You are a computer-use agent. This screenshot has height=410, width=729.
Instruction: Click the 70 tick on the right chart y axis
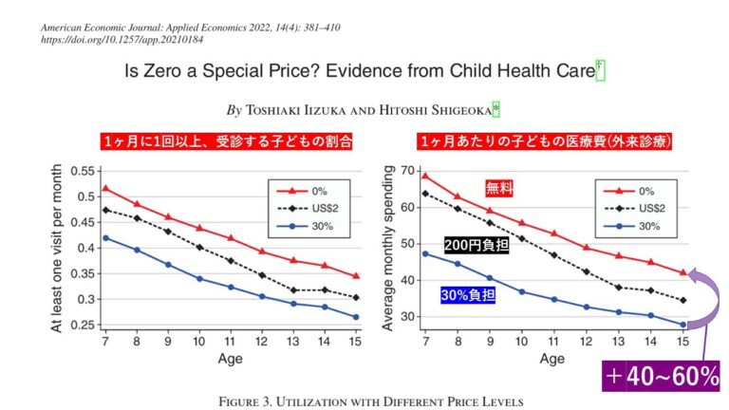pos(411,171)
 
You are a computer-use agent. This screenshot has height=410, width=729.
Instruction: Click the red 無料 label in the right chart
pos(499,187)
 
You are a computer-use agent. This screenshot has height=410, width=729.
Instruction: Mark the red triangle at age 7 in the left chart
pos(105,188)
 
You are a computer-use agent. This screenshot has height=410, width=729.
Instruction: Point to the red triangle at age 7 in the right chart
pos(425,176)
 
